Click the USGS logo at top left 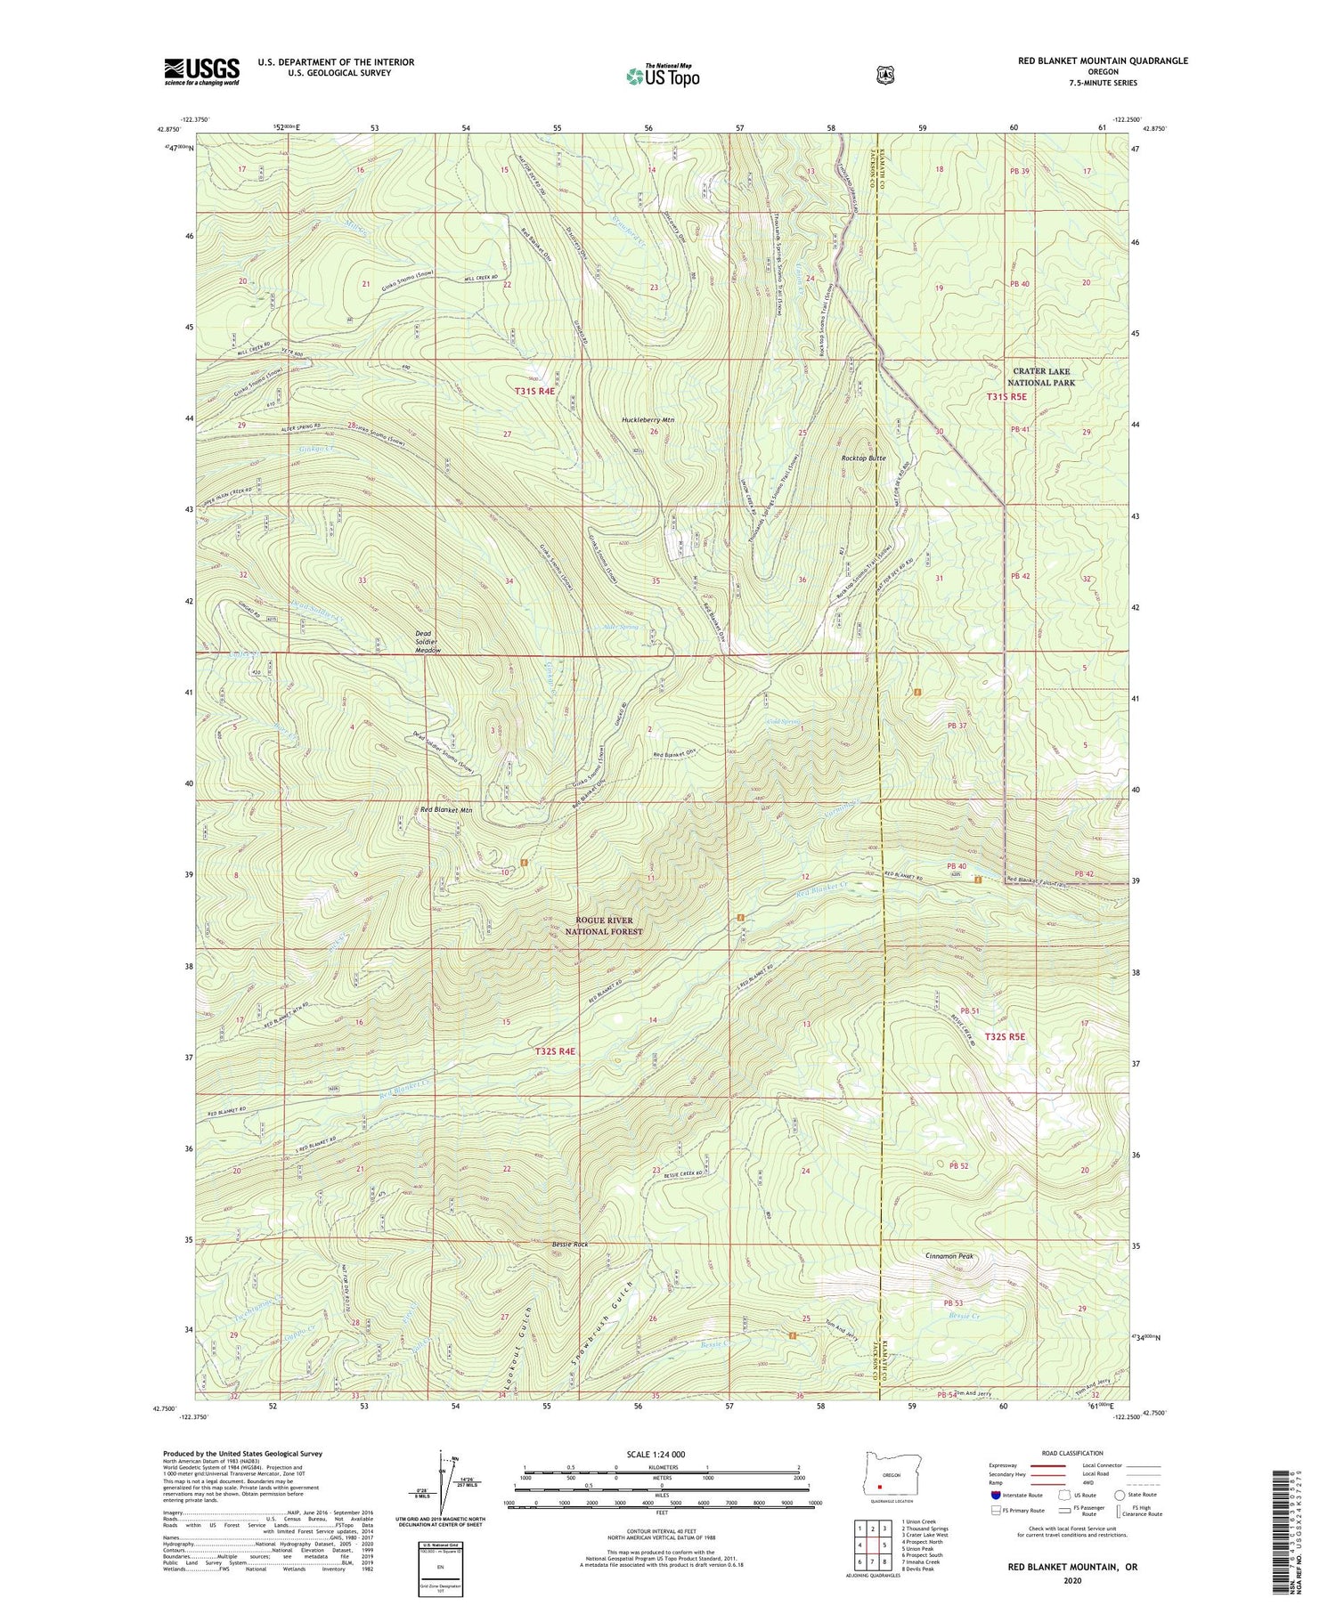(x=201, y=71)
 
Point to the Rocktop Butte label (x=863, y=458)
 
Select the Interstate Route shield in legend (x=994, y=1496)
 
